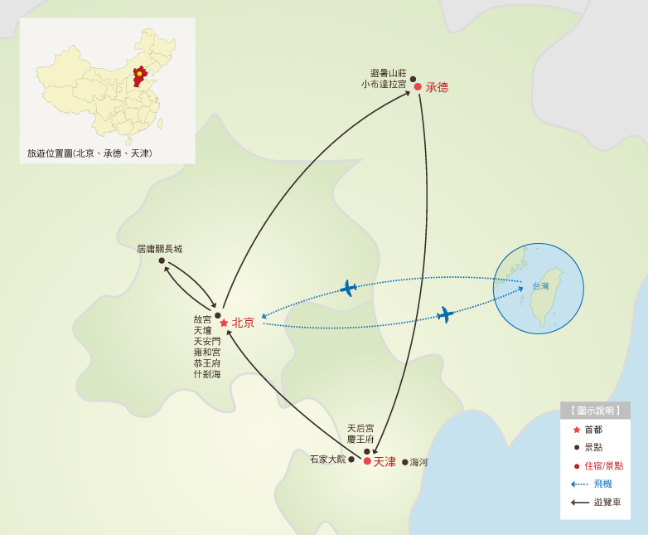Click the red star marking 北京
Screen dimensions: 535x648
point(224,323)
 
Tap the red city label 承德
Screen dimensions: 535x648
point(437,87)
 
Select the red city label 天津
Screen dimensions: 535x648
point(384,461)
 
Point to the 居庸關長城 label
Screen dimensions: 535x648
point(159,249)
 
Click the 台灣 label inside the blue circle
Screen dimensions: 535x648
point(540,286)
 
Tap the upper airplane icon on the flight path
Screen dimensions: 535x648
point(348,289)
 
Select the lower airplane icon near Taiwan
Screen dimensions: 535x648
point(445,314)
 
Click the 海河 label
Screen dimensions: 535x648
point(419,462)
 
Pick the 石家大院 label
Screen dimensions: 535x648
point(327,459)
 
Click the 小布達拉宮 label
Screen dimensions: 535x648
point(384,84)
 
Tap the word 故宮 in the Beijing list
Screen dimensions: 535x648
point(202,319)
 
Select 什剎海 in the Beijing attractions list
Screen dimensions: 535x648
point(207,374)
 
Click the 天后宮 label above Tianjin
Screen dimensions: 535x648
point(360,428)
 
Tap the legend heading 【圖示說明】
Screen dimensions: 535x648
point(595,411)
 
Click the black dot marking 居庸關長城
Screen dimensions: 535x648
point(162,260)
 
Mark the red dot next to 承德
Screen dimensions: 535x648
point(418,87)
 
